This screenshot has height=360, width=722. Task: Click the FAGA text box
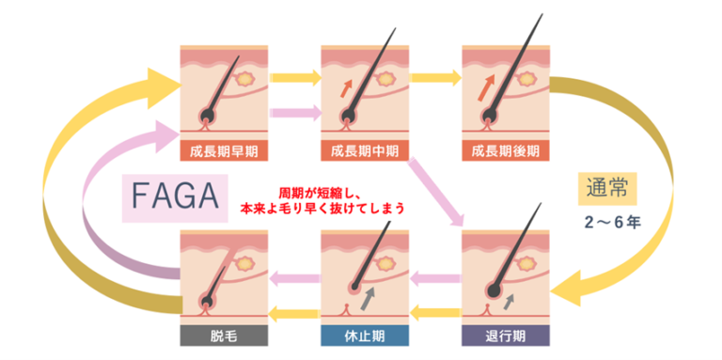176,198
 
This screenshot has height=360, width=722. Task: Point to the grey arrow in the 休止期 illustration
366,293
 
